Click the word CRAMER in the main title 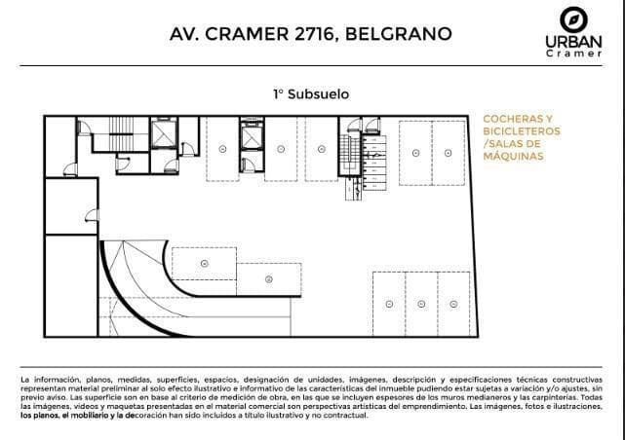click(247, 34)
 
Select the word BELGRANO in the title click(399, 34)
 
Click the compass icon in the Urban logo click(573, 19)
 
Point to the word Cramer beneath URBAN click(574, 54)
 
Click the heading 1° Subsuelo click(311, 94)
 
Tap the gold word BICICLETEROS click(522, 131)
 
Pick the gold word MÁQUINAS click(514, 156)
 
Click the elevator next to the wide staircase click(164, 133)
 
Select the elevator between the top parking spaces click(252, 135)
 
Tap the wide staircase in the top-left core click(121, 134)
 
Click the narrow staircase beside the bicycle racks click(350, 154)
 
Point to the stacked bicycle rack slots click(373, 164)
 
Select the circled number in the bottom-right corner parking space click(453, 305)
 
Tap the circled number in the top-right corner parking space click(448, 153)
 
